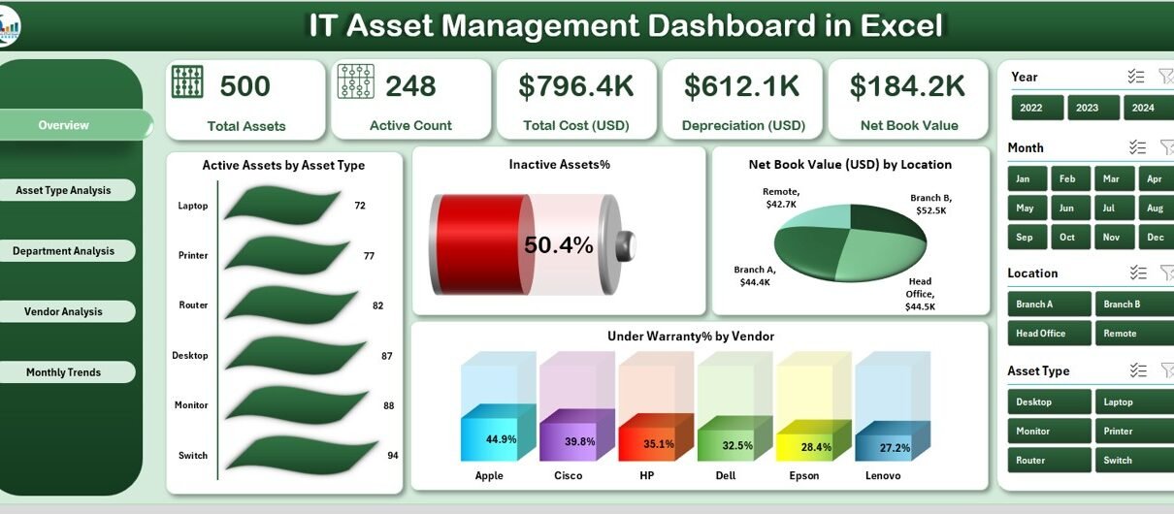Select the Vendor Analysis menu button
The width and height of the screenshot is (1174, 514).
[64, 311]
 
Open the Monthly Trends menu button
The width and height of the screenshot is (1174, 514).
[64, 372]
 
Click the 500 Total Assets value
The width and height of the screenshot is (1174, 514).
[245, 86]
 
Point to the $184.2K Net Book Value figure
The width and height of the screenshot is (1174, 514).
[907, 86]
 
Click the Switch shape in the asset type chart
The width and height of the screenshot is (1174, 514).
[302, 454]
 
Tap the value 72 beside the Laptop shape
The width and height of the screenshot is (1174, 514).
[360, 206]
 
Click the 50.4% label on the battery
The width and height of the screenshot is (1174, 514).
[559, 244]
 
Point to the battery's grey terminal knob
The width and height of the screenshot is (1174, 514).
[626, 245]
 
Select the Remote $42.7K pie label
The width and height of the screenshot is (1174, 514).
[781, 198]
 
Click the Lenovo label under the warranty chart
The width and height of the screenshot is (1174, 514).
[883, 475]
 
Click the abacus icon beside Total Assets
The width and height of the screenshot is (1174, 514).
[187, 81]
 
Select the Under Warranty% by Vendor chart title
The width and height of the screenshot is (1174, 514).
[690, 336]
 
